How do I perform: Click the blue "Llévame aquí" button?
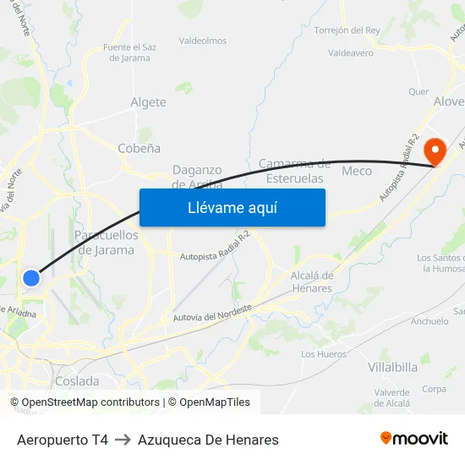[x=232, y=207]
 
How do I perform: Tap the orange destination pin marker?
[x=435, y=151]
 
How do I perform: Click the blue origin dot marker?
[x=31, y=277]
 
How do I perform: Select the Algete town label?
[x=148, y=102]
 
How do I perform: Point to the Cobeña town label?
[x=139, y=148]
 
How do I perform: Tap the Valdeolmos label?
[x=203, y=41]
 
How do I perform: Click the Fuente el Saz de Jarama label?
[x=129, y=52]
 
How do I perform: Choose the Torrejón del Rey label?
[x=347, y=30]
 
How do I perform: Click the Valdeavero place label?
[x=350, y=52]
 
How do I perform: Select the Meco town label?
[x=356, y=171]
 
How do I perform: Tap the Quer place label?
[x=418, y=91]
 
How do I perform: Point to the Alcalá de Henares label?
[x=311, y=282]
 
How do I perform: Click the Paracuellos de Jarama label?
[x=106, y=242]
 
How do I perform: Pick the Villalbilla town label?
[x=392, y=367]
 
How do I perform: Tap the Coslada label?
[x=77, y=381]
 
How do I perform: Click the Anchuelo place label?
[x=429, y=321]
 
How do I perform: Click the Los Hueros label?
[x=323, y=354]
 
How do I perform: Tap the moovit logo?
[x=413, y=438]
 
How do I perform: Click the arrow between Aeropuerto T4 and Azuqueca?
[x=123, y=440]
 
